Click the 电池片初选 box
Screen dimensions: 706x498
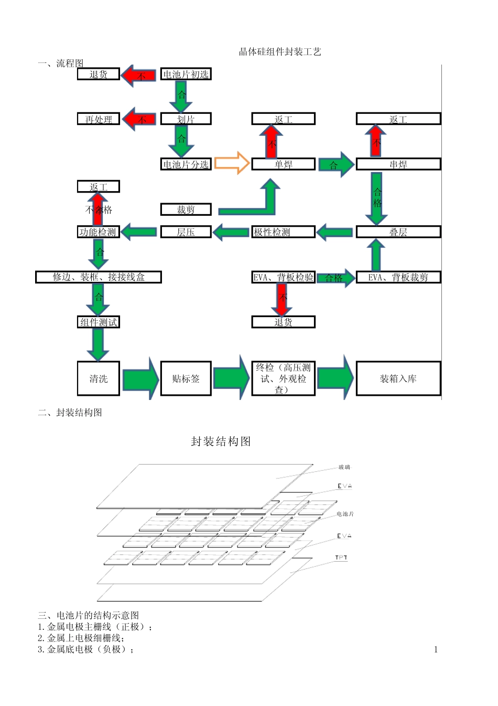coord(186,75)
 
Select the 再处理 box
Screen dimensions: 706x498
coord(99,119)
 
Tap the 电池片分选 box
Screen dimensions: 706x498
coord(186,165)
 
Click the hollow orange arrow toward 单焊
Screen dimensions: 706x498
coord(232,163)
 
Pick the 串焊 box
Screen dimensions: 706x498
coord(398,164)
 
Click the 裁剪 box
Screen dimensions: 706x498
coord(186,209)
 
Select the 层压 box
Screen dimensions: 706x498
coord(186,232)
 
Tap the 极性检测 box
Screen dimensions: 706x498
coord(283,232)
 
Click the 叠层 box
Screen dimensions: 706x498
coord(398,232)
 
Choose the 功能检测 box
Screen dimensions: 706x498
coord(98,232)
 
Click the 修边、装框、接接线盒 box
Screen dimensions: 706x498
coord(98,277)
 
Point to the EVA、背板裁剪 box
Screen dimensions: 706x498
coord(398,277)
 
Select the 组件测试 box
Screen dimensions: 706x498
coord(98,322)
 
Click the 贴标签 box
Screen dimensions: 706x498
coord(186,378)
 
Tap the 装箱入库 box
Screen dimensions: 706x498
coord(398,378)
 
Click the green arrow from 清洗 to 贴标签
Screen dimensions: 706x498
coord(140,378)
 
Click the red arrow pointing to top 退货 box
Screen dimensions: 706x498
coord(139,76)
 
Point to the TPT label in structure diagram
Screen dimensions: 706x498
coord(341,557)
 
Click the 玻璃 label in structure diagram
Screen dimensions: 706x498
coord(344,467)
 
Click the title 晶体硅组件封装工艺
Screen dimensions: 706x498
coord(280,51)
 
